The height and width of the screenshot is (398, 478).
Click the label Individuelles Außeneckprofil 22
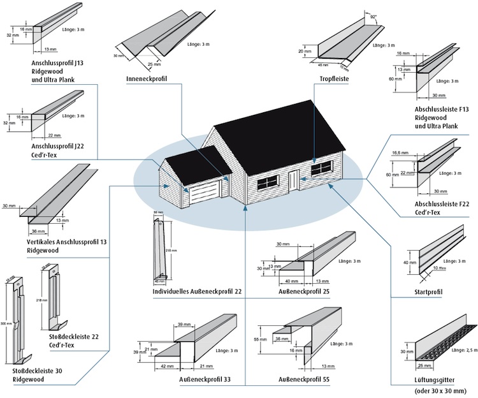pos(197,291)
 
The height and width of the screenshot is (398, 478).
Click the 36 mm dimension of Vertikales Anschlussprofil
pos(39,231)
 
